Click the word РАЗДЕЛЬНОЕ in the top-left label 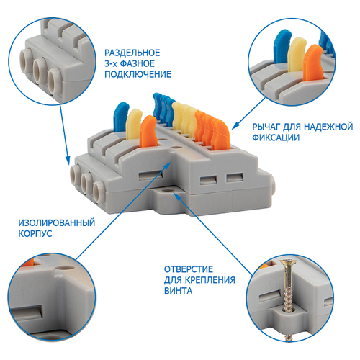(132, 53)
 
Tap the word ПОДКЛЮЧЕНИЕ (138, 74)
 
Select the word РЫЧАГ (266, 127)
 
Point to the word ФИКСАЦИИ (276, 138)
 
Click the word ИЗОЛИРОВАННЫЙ (57, 223)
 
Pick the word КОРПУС (35, 234)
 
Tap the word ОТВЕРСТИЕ (189, 269)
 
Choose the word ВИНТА (178, 291)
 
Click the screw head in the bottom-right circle (289, 262)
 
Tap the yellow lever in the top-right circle (297, 55)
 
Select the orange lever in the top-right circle (312, 63)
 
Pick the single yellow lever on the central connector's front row (134, 124)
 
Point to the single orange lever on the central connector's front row (148, 131)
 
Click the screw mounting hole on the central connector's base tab (166, 190)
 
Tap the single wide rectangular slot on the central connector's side (151, 176)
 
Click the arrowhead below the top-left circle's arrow (68, 160)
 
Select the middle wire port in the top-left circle (40, 71)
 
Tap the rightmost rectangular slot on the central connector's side (235, 178)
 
